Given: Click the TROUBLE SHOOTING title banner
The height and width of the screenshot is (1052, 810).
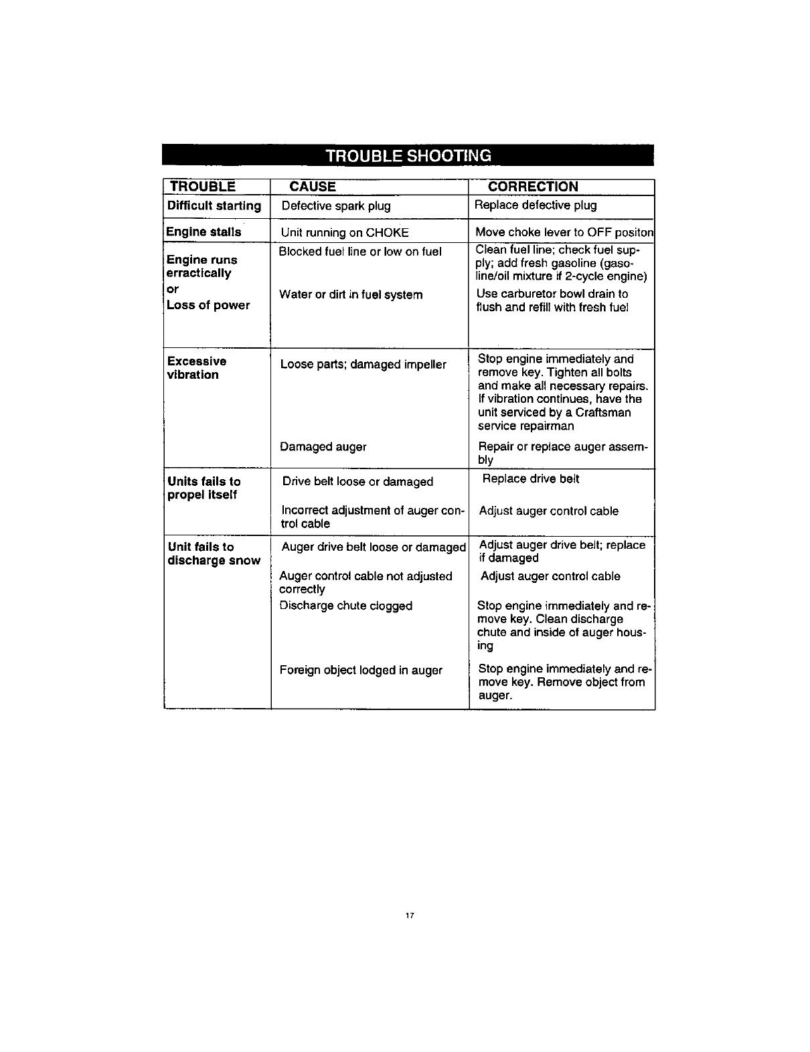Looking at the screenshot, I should (408, 155).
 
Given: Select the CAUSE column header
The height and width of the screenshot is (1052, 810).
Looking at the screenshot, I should (313, 187).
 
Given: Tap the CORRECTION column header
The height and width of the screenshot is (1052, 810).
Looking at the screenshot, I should (533, 187).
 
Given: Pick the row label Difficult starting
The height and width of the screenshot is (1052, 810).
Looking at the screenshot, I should (214, 205).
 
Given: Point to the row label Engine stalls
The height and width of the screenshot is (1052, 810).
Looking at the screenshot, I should (204, 232).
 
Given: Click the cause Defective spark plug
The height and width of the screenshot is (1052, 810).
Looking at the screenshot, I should (336, 205).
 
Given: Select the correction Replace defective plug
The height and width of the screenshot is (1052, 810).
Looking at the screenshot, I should (536, 205).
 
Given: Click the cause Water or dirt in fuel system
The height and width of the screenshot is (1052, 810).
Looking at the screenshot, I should (351, 294).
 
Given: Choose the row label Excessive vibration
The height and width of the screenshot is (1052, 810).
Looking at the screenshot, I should (197, 368).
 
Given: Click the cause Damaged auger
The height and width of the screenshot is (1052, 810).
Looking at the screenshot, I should (323, 446).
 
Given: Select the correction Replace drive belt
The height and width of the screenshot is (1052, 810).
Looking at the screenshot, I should (531, 478).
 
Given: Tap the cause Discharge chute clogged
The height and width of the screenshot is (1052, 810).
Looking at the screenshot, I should (345, 606).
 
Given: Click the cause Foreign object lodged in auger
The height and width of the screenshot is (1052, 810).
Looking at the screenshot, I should (361, 670).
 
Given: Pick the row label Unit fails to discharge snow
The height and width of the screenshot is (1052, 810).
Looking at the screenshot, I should (214, 553).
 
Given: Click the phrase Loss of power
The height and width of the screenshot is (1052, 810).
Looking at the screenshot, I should (208, 305).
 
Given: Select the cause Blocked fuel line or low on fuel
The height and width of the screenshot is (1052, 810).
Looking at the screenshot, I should (360, 252).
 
